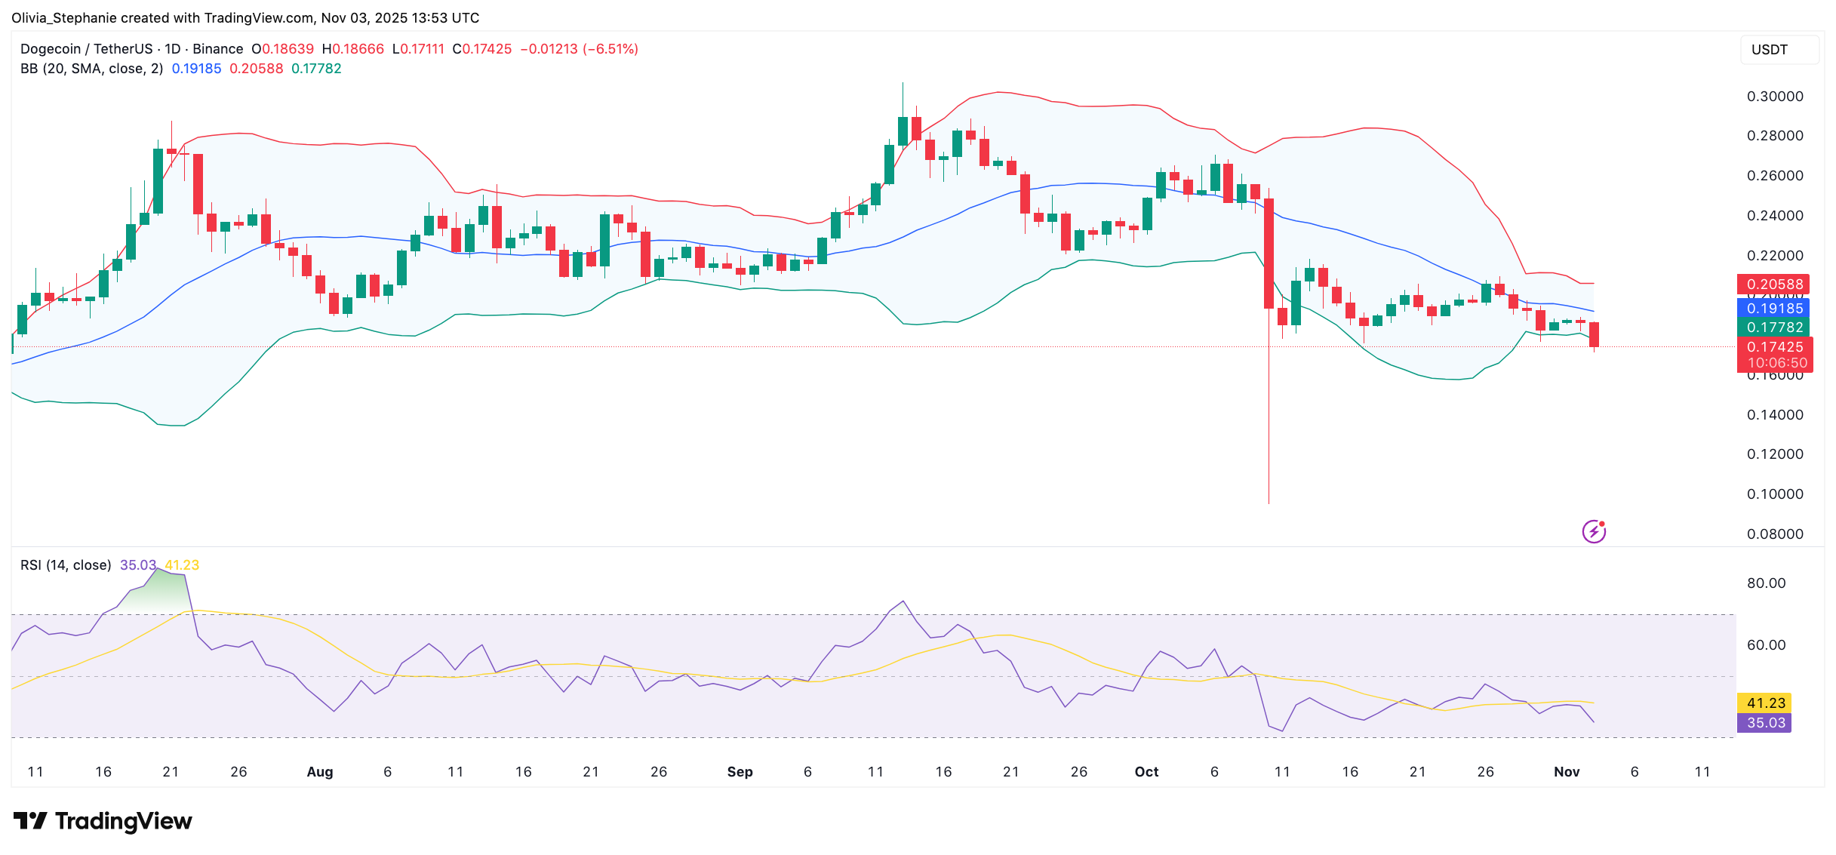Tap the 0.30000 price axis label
click(x=1774, y=97)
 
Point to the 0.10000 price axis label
click(x=1774, y=494)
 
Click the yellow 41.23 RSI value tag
click(x=1764, y=703)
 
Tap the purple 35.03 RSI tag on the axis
click(x=1764, y=723)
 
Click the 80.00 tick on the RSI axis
click(x=1766, y=583)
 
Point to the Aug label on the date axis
click(x=319, y=772)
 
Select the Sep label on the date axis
click(x=740, y=772)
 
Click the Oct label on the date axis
click(x=1146, y=772)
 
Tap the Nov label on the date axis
click(x=1567, y=772)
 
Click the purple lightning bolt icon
click(x=1594, y=532)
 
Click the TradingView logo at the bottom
click(x=103, y=821)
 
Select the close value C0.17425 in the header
click(x=482, y=49)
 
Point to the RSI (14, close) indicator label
click(x=66, y=565)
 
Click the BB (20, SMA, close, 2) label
click(x=91, y=69)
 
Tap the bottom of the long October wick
click(x=1269, y=502)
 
